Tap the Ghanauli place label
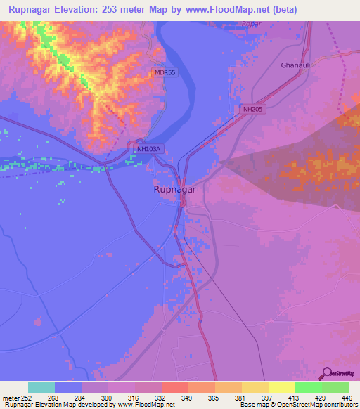(x=295, y=65)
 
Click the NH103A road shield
(x=149, y=148)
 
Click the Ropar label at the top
(x=250, y=23)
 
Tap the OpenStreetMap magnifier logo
(x=328, y=372)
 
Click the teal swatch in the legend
(x=41, y=387)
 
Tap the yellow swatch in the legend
(x=282, y=387)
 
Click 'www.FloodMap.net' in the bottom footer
(x=146, y=405)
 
